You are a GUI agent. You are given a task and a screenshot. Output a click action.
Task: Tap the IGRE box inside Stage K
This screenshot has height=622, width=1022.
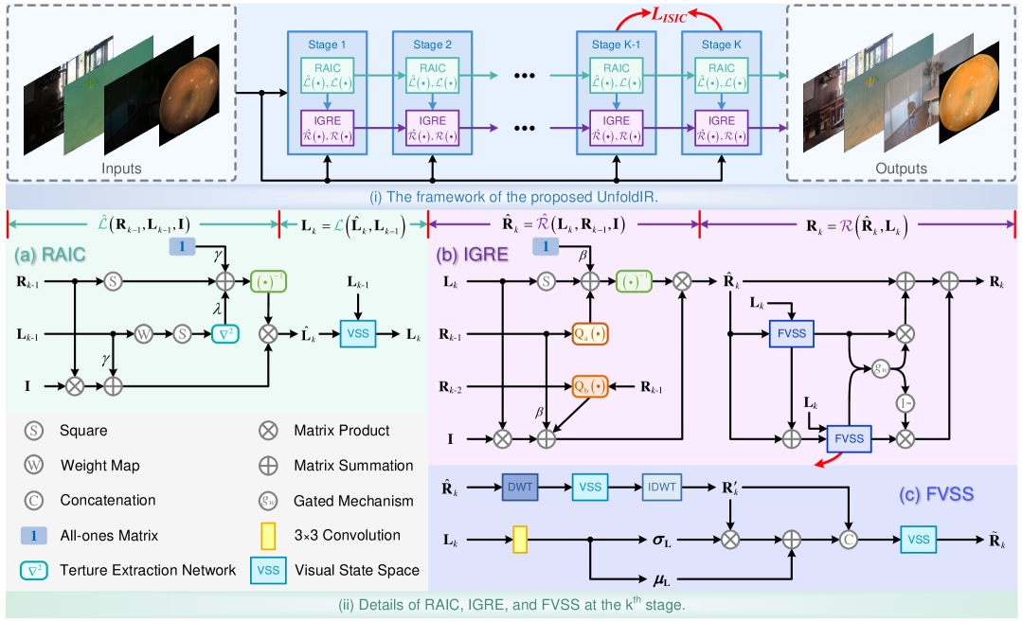[x=721, y=127]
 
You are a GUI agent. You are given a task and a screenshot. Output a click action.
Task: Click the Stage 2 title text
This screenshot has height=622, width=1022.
[x=432, y=44]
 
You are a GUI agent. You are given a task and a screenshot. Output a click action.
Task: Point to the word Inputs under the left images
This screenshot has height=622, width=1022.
[x=120, y=169]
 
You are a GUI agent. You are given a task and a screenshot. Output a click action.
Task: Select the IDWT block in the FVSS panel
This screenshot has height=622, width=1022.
[x=662, y=489]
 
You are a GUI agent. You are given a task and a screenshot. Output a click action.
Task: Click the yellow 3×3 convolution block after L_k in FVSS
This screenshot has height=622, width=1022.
[x=520, y=539]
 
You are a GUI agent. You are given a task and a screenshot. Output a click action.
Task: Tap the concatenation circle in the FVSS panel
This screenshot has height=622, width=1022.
[x=850, y=539]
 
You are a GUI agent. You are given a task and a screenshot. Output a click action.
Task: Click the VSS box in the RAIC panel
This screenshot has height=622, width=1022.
[x=356, y=333]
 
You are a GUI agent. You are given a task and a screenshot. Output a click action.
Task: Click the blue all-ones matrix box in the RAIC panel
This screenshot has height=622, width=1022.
[x=183, y=246]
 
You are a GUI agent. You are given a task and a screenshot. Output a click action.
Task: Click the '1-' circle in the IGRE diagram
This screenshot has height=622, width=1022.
[x=905, y=402]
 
